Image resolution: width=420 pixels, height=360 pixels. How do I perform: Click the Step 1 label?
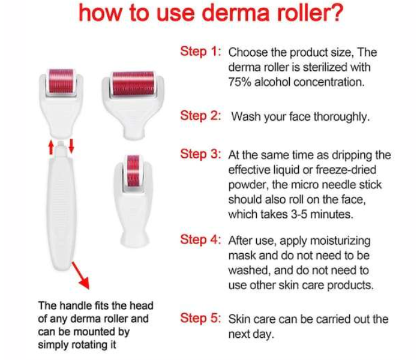point(200,52)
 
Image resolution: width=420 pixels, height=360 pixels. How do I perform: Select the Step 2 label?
point(200,116)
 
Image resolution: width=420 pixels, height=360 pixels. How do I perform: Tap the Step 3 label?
point(200,154)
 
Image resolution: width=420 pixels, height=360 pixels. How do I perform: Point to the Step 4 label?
point(200,239)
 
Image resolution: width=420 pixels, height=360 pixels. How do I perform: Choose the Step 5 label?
point(200,318)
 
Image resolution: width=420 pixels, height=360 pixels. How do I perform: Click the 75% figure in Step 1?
point(240,82)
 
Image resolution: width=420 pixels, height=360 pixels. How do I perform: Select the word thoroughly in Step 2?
point(341,117)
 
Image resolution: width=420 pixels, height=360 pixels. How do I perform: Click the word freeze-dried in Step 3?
point(346,170)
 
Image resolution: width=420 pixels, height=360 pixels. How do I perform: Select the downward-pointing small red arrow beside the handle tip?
point(71,146)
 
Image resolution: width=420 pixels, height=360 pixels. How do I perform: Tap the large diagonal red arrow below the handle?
point(80,275)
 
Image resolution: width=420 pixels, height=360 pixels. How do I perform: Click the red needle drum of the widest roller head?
point(133,83)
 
